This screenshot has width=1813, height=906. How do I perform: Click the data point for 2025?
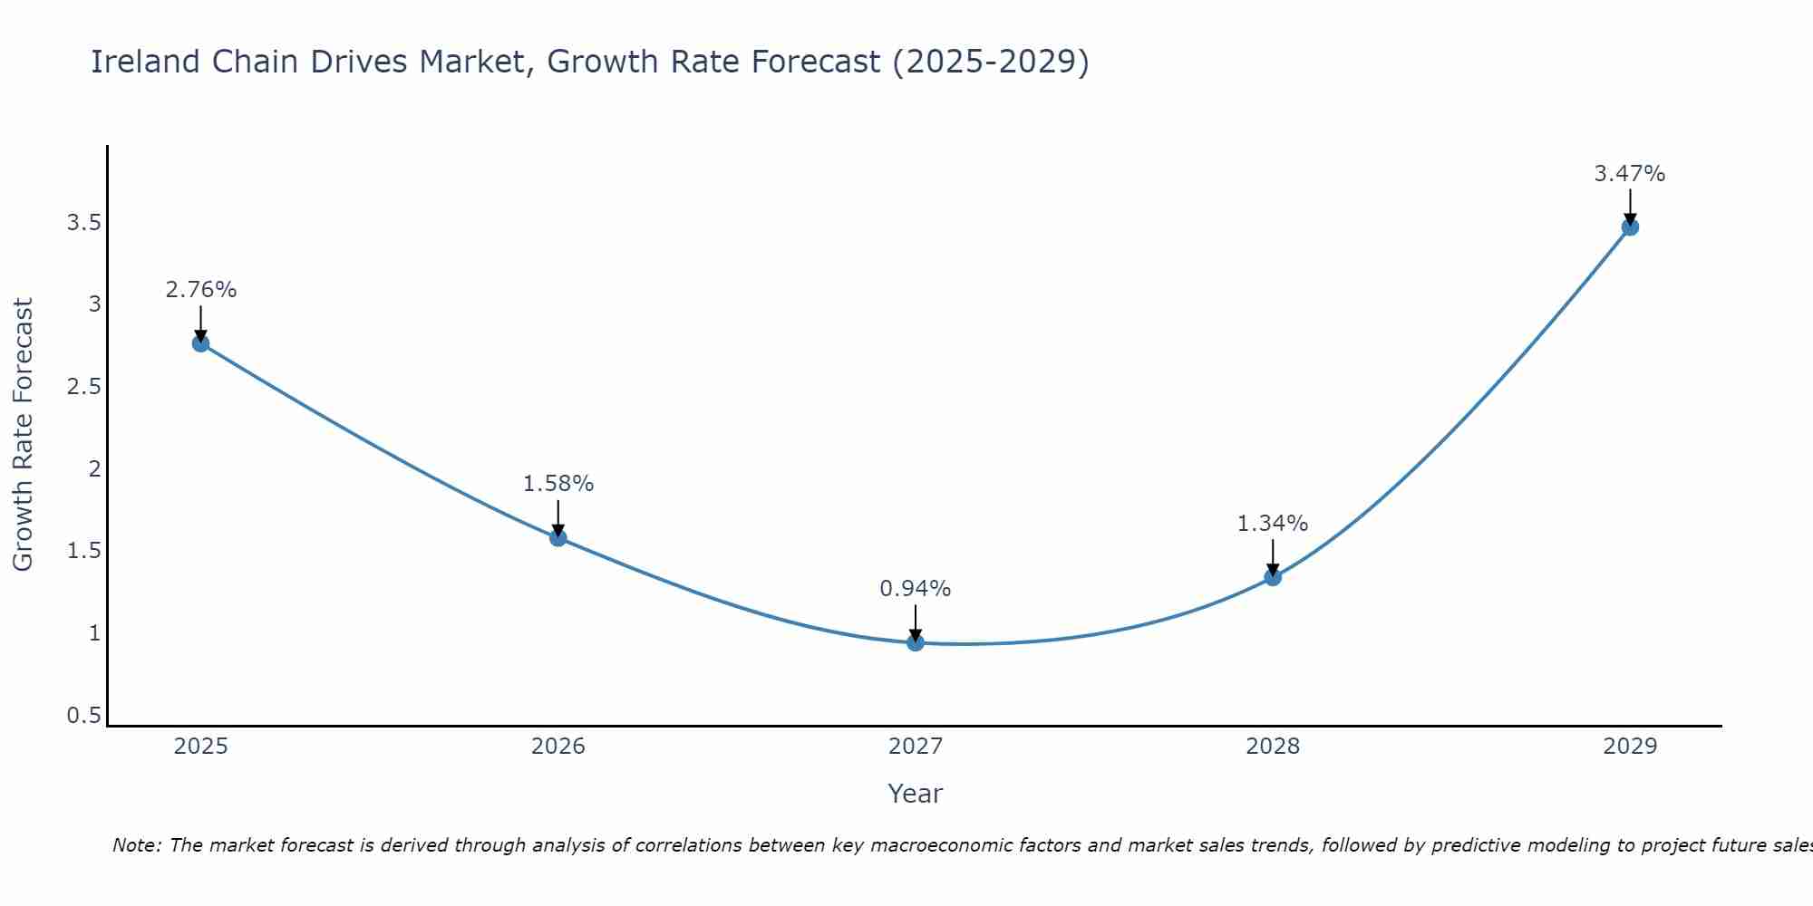coord(200,343)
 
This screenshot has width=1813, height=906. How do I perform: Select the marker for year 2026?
coord(558,537)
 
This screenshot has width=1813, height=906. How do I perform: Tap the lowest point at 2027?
coord(916,642)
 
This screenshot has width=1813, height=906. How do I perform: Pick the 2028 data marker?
coord(1273,577)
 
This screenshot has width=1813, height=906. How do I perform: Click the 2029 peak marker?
coord(1630,226)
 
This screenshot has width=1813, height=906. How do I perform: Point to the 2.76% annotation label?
coord(200,290)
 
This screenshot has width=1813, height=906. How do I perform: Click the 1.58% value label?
coord(558,484)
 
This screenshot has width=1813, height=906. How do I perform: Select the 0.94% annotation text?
coord(916,589)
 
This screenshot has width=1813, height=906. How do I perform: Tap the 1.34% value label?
coord(1273,524)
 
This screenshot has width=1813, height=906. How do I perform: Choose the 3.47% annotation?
coord(1630,174)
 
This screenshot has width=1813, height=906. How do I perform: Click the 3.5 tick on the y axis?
coord(83,223)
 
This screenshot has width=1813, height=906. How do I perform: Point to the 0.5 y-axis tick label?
coord(83,716)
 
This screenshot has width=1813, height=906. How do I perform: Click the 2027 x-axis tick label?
coord(916,747)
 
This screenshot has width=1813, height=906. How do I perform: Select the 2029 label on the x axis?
coord(1630,747)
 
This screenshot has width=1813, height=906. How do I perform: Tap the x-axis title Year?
coord(916,794)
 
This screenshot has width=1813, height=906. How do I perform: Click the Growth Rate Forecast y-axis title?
coord(23,435)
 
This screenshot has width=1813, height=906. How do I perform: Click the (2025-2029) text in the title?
coord(991,62)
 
